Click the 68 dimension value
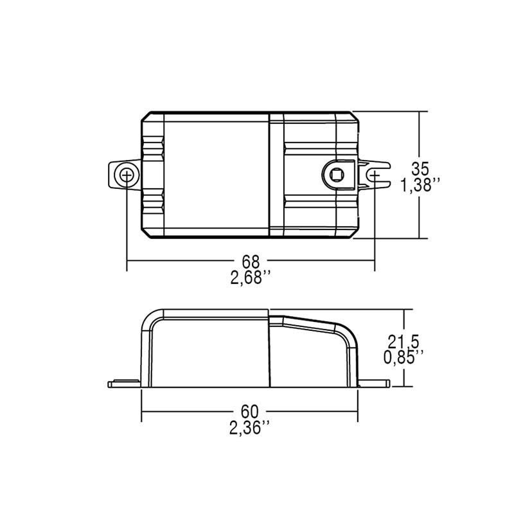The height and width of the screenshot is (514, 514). click(251, 261)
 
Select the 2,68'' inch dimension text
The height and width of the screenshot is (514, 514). click(251, 278)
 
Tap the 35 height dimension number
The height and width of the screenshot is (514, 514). click(420, 169)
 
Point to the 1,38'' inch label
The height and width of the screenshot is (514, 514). click(420, 185)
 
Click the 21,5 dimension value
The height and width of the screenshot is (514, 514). click(403, 342)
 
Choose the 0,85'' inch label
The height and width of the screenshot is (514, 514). click(403, 357)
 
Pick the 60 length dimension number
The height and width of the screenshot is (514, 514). click(250, 411)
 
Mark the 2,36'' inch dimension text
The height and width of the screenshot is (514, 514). click(249, 428)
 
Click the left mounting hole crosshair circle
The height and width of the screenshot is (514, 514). click(127, 175)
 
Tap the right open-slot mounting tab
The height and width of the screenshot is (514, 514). click(374, 175)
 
